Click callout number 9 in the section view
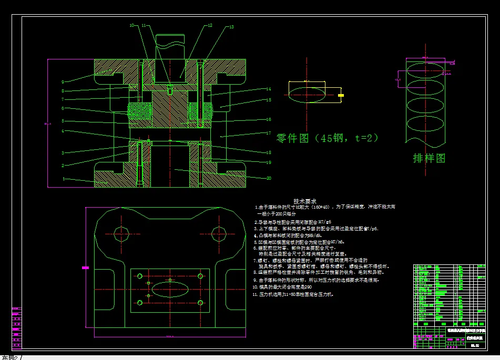click(63, 81)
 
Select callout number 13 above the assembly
click(231, 27)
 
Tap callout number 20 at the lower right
click(269, 178)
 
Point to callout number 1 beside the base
click(64, 179)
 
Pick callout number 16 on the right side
click(268, 119)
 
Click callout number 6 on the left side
click(63, 108)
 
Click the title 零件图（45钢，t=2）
click(327, 138)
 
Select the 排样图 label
click(429, 158)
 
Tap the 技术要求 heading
click(305, 201)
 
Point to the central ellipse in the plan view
click(170, 290)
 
